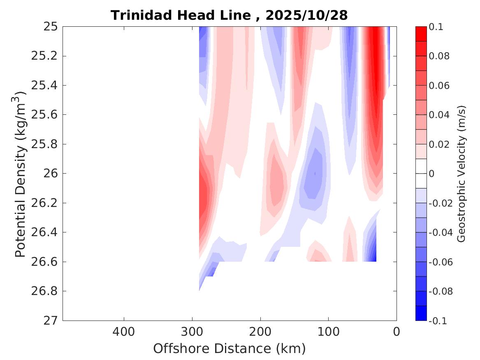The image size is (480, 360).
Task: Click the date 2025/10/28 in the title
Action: [306, 16]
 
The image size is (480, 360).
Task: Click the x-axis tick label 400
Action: [124, 331]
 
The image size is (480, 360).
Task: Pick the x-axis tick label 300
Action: [192, 331]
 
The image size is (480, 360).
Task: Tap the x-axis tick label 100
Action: [328, 331]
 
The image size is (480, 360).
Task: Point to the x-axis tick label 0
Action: [397, 331]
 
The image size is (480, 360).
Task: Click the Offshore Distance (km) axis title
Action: [229, 349]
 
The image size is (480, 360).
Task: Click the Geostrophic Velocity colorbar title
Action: [461, 174]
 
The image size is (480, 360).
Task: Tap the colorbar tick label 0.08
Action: [440, 56]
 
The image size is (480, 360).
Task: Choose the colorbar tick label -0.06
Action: [441, 262]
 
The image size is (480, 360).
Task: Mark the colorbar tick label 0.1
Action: [437, 27]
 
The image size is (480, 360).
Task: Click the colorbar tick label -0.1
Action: [438, 321]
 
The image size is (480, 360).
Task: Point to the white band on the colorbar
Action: [421, 174]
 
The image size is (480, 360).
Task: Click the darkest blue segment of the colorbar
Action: [421, 313]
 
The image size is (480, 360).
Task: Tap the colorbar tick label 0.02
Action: [440, 144]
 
